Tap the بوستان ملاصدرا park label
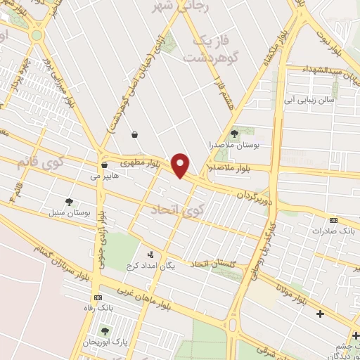coord(235,145)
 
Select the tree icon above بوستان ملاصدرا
coord(234,134)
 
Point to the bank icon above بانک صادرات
coord(333,220)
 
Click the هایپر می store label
coord(105,177)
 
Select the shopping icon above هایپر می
coord(104,166)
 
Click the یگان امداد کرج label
coord(149,266)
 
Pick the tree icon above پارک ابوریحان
coord(105,331)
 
